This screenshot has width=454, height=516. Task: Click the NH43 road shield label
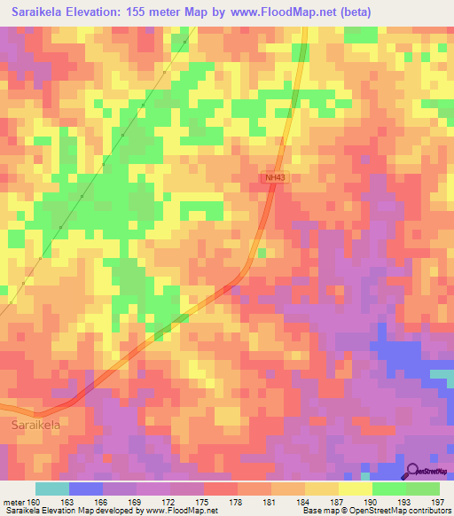click(275, 178)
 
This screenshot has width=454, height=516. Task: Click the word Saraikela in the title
click(43, 12)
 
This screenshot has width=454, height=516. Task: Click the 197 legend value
click(436, 503)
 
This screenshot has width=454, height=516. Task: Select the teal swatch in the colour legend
click(51, 489)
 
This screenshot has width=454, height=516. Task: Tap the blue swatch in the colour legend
click(85, 489)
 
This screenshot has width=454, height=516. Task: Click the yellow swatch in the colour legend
click(355, 489)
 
